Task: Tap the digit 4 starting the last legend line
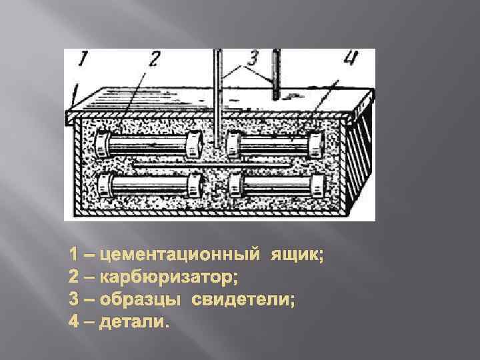click(x=74, y=323)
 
